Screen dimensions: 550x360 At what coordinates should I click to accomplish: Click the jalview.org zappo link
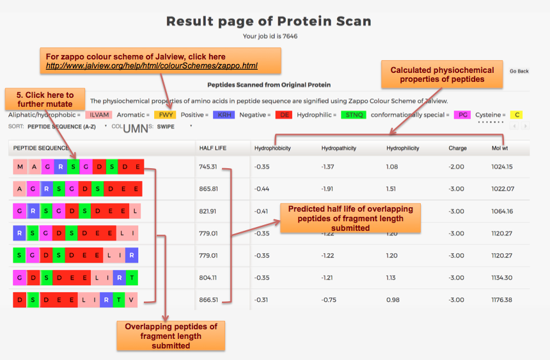[152, 66]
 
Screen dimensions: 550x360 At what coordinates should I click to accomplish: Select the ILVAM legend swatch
[98, 114]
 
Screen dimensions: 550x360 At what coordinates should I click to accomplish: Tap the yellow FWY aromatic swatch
[165, 114]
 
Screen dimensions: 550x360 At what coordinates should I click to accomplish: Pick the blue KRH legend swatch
[224, 114]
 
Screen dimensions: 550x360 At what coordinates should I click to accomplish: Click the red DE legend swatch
[284, 114]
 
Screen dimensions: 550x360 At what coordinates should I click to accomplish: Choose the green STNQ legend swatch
[354, 114]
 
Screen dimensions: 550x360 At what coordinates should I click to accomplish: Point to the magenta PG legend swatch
[462, 114]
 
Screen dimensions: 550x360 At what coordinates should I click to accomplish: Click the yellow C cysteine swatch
[517, 114]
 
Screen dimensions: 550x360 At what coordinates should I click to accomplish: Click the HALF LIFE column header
[213, 148]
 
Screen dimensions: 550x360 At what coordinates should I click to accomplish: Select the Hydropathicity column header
[339, 148]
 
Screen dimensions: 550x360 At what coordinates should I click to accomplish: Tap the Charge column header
[458, 148]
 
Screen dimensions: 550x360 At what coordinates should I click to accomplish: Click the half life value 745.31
[208, 167]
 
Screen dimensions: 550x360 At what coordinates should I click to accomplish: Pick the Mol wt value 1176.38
[501, 300]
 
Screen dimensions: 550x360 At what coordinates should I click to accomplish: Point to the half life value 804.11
[208, 278]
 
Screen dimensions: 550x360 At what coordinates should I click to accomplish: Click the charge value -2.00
[457, 167]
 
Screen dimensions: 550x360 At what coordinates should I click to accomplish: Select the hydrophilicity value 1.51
[391, 189]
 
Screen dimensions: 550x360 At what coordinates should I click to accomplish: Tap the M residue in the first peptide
[20, 167]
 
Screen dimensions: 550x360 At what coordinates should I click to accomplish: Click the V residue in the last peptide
[131, 300]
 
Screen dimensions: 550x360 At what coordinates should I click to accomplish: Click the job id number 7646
[290, 36]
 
